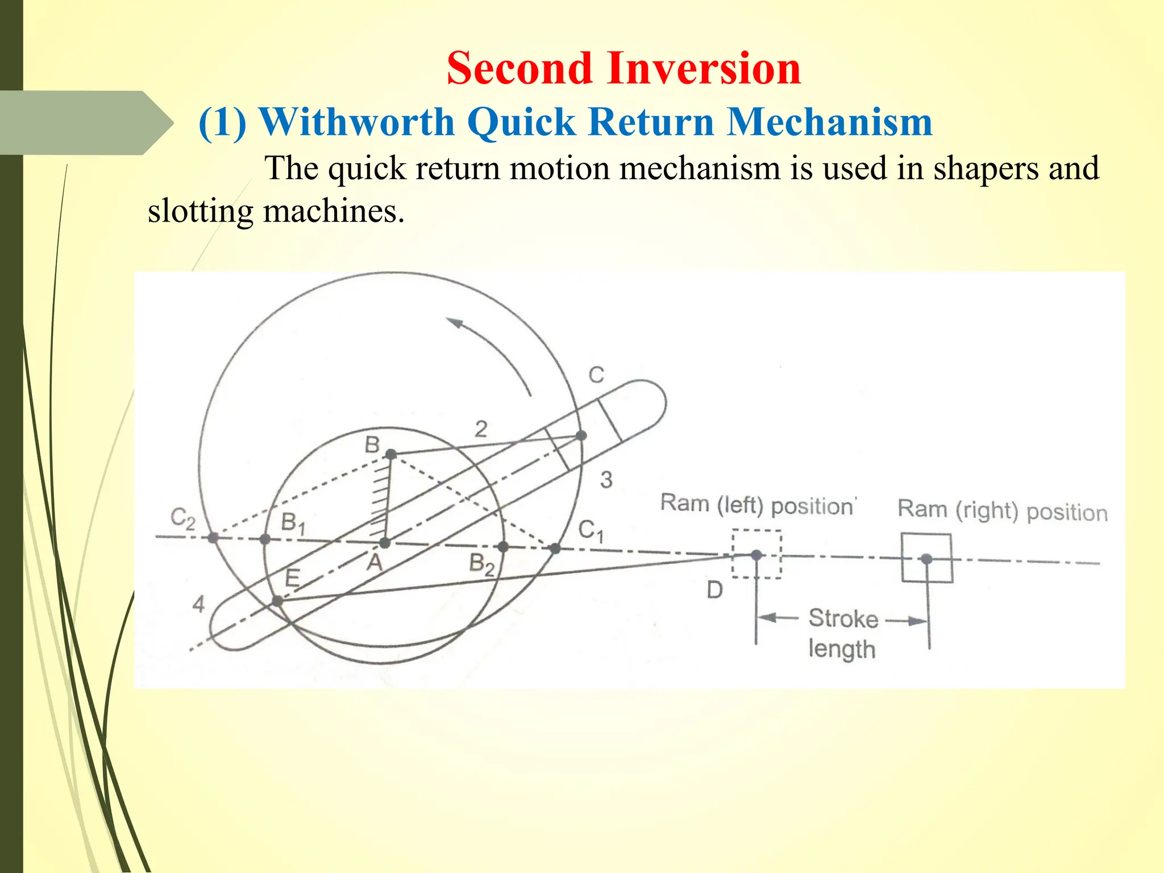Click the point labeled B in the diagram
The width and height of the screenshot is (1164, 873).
click(391, 454)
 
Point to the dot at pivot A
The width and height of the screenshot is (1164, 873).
click(385, 542)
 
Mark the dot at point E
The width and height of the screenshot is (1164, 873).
click(277, 601)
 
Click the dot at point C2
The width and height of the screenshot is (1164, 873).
click(213, 537)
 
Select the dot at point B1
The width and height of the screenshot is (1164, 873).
click(265, 539)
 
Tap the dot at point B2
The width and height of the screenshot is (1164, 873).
click(502, 547)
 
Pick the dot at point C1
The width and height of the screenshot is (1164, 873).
click(555, 548)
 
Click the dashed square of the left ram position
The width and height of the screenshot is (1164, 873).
click(756, 554)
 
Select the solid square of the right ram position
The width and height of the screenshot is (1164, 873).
click(927, 558)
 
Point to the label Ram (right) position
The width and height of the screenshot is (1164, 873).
click(1002, 510)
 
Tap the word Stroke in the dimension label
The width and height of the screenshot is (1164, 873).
click(843, 618)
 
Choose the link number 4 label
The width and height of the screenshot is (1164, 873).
click(198, 604)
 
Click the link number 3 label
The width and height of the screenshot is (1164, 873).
click(606, 480)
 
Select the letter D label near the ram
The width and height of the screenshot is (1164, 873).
click(714, 591)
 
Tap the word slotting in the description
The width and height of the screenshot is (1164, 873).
click(200, 211)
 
